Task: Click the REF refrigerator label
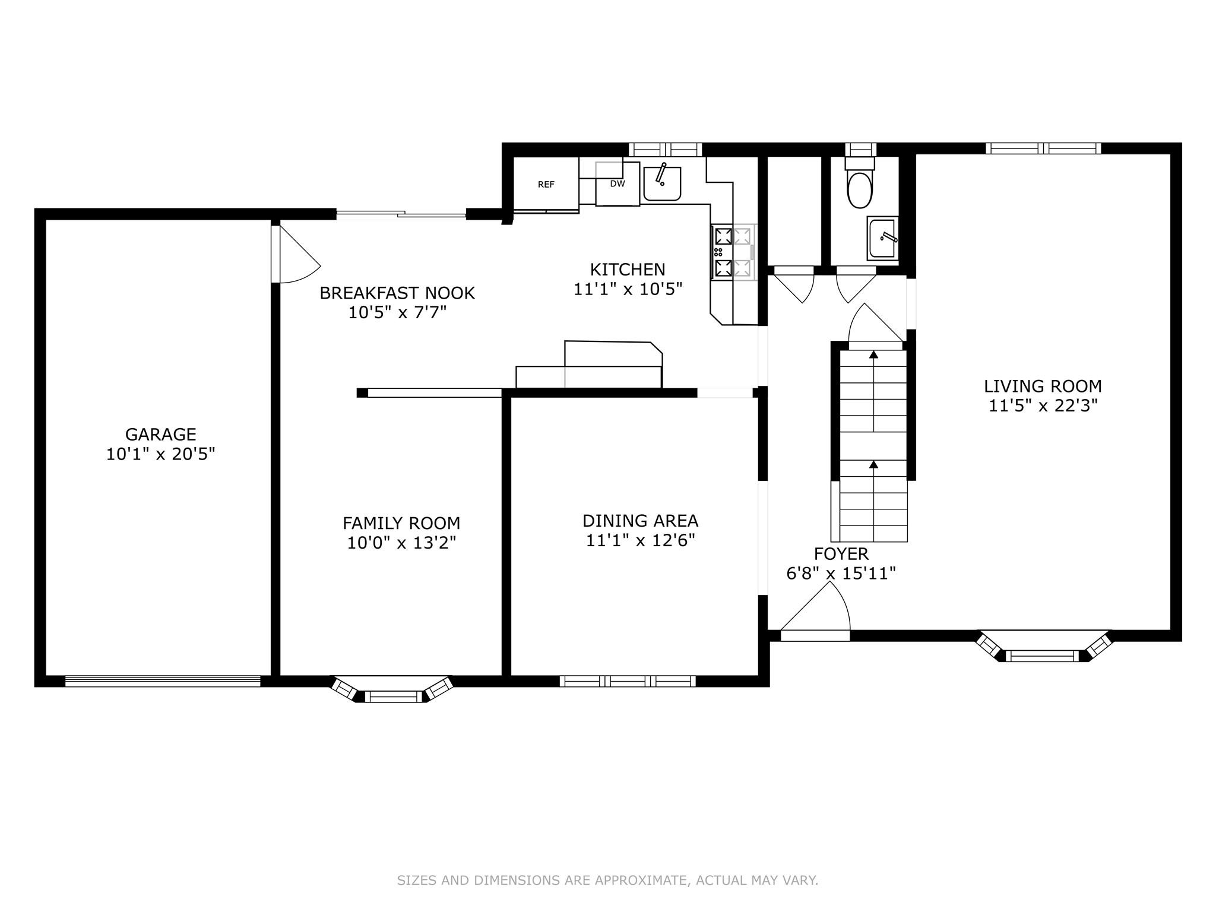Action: coord(546,185)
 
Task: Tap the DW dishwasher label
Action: coord(617,183)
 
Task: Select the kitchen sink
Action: coord(662,183)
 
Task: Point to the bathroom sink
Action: coord(883,238)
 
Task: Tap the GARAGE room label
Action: coord(160,434)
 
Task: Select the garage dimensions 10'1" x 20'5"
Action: coord(160,454)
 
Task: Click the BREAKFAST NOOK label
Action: coord(397,293)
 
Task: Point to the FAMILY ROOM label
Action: coord(401,523)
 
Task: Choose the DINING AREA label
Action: coord(640,521)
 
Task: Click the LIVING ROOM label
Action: coord(1043,386)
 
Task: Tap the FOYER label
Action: coord(841,554)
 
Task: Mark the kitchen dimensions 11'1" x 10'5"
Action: coord(628,289)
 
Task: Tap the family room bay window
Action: coord(392,691)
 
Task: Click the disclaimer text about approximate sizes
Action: coord(607,881)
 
